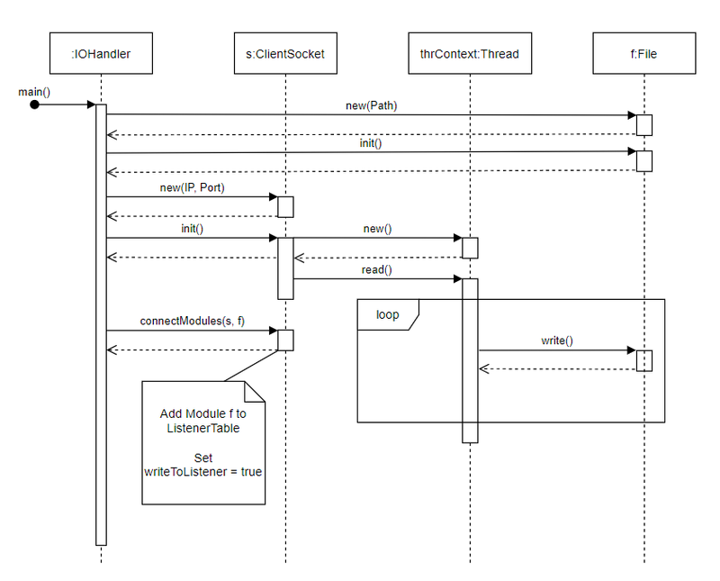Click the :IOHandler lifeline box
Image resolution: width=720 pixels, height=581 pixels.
pos(101,54)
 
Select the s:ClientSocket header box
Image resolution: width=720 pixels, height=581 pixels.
pos(285,54)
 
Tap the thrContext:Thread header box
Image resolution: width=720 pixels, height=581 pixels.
pos(469,54)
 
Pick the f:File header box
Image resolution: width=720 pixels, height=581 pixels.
pos(644,54)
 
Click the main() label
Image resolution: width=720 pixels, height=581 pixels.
pos(34,92)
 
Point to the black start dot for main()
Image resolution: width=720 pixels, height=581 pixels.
pos(34,105)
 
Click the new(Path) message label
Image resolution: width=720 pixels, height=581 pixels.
pos(371,105)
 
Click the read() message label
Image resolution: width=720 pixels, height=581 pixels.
pos(376,269)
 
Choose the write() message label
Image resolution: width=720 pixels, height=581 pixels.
pos(557,341)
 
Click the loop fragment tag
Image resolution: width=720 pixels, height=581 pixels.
pos(388,314)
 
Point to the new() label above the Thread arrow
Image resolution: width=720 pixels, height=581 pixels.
pos(376,229)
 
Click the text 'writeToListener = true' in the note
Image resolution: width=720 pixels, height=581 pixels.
pos(203,471)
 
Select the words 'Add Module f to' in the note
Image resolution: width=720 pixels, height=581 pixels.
pos(203,413)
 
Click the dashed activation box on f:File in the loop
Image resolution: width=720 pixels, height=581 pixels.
pos(644,360)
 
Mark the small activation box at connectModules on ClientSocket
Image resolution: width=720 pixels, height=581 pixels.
pos(285,340)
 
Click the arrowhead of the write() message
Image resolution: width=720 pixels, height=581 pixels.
pos(632,350)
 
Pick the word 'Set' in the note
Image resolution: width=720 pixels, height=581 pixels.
pos(203,457)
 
